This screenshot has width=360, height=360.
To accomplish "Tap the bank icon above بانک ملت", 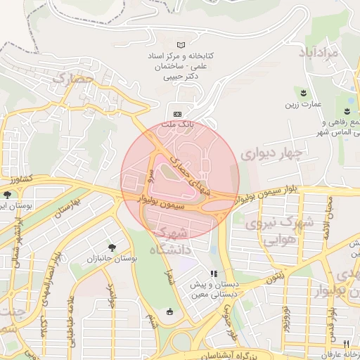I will (177, 114).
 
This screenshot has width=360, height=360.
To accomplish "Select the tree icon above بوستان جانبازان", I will (112, 247).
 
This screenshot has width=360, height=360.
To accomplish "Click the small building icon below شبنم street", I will (169, 311).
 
